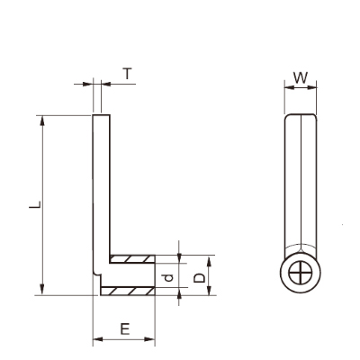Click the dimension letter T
pos(128,74)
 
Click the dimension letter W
pos(301,77)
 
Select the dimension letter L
pos(35,204)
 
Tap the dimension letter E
pos(125,329)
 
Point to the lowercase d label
pos(169,278)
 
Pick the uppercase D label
pos(199,278)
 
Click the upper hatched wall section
pos(132,259)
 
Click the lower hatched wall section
pos(128,291)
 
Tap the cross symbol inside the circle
pos(301,273)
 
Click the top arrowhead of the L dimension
pos(42,121)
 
